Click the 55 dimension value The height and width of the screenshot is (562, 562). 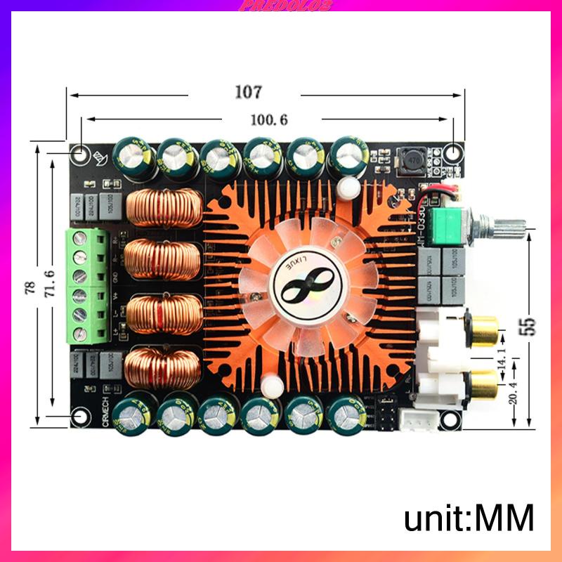[x=528, y=325]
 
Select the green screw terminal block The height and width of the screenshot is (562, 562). [x=82, y=285]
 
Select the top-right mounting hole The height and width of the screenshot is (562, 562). [x=454, y=152]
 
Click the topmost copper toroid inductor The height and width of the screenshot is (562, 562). [x=164, y=208]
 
